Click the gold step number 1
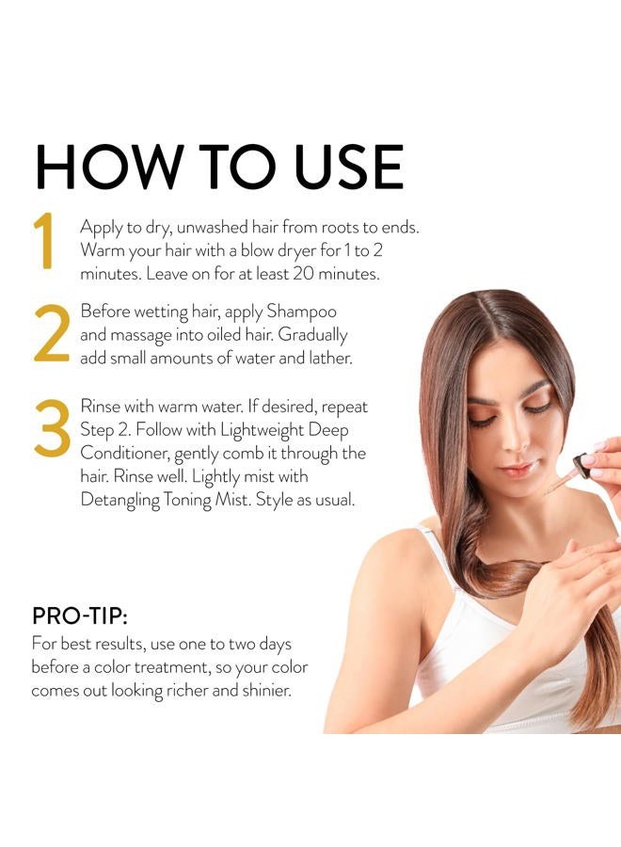point(44,242)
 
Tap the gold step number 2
point(52,333)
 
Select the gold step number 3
point(52,429)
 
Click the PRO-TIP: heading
point(79,616)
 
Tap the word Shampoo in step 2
point(302,311)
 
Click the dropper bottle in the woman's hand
point(577,465)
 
